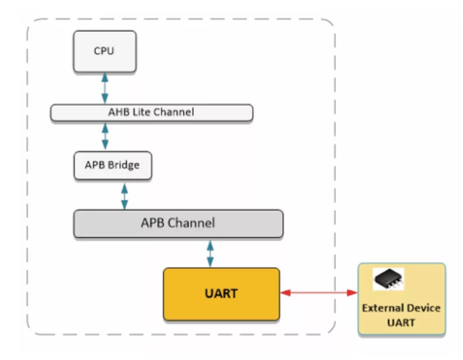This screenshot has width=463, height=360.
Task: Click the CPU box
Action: pos(104,51)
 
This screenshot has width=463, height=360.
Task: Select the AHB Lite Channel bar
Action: pos(151,112)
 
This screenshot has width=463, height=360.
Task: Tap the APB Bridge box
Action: pos(112,165)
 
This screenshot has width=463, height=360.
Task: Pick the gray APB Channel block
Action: pos(178,223)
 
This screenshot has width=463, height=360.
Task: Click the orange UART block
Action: pos(221,293)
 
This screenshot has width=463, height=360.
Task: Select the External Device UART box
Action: pos(401,299)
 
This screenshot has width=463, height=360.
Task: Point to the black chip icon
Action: pos(389,279)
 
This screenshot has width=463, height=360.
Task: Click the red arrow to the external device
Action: pos(319,292)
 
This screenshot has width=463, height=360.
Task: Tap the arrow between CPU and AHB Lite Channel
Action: pos(105,88)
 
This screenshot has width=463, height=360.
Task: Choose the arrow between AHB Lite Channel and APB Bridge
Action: pos(105,136)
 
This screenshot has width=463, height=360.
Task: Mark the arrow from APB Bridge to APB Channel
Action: pos(124,194)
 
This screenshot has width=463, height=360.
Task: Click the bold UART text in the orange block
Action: pos(221,293)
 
